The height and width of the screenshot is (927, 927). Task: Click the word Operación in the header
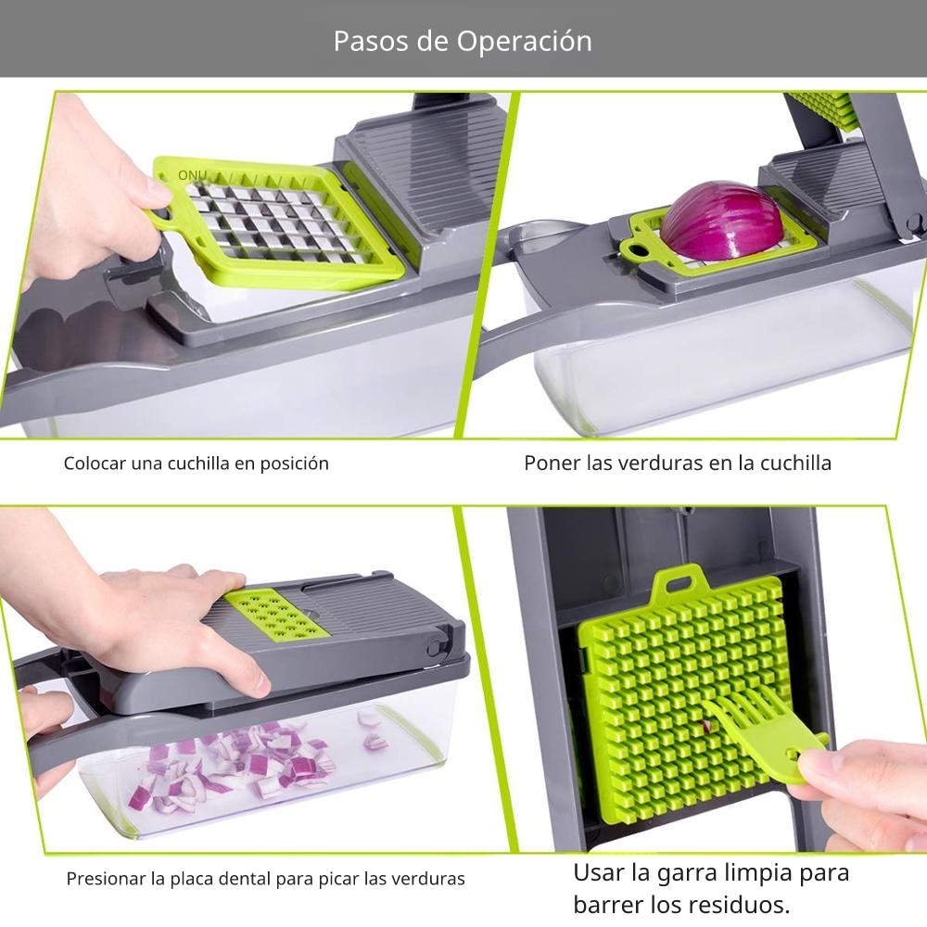tap(524, 42)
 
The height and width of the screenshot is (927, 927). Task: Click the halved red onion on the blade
tap(721, 221)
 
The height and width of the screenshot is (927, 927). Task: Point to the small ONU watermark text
tap(192, 175)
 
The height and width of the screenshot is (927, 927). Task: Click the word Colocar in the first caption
tap(95, 463)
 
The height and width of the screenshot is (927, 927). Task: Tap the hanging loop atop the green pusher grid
tap(679, 583)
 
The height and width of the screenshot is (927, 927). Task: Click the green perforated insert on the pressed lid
tap(276, 616)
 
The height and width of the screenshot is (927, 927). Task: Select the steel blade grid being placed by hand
tap(276, 222)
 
